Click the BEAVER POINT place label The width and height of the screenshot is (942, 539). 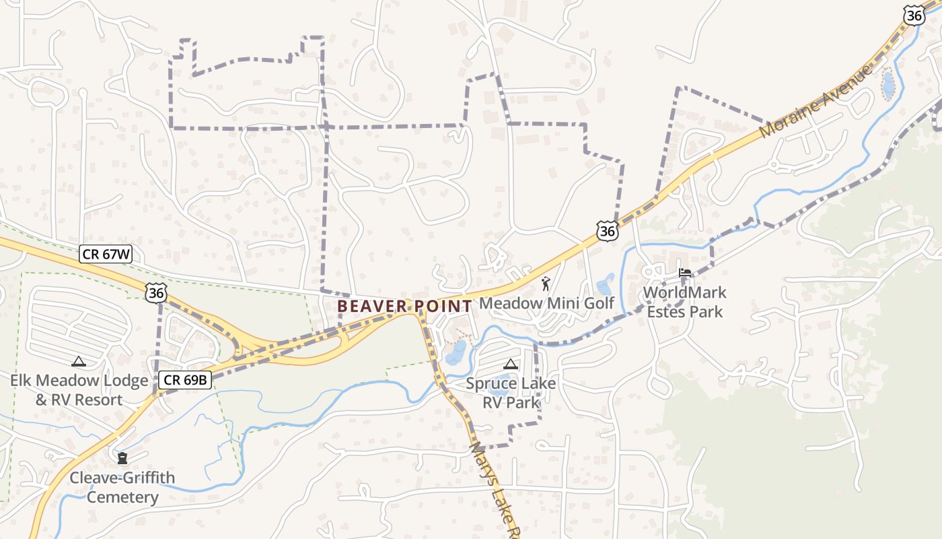[404, 306]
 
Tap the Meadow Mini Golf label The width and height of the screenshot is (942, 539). [546, 303]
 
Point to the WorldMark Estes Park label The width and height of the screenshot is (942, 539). [684, 302]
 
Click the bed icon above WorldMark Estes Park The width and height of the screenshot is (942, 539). [685, 274]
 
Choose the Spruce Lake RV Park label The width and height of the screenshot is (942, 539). [511, 393]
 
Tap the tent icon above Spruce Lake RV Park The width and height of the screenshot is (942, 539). [511, 364]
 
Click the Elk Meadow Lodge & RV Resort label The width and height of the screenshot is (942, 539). [79, 390]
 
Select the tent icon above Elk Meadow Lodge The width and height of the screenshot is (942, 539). [79, 362]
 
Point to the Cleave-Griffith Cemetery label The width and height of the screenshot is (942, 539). [122, 487]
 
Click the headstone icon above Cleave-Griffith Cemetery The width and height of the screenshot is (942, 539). [122, 459]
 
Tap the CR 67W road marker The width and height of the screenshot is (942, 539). [106, 254]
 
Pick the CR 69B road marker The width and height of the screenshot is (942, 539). [185, 380]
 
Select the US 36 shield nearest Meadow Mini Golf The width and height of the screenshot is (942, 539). [607, 231]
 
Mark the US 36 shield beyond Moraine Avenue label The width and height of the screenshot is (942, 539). [914, 15]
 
